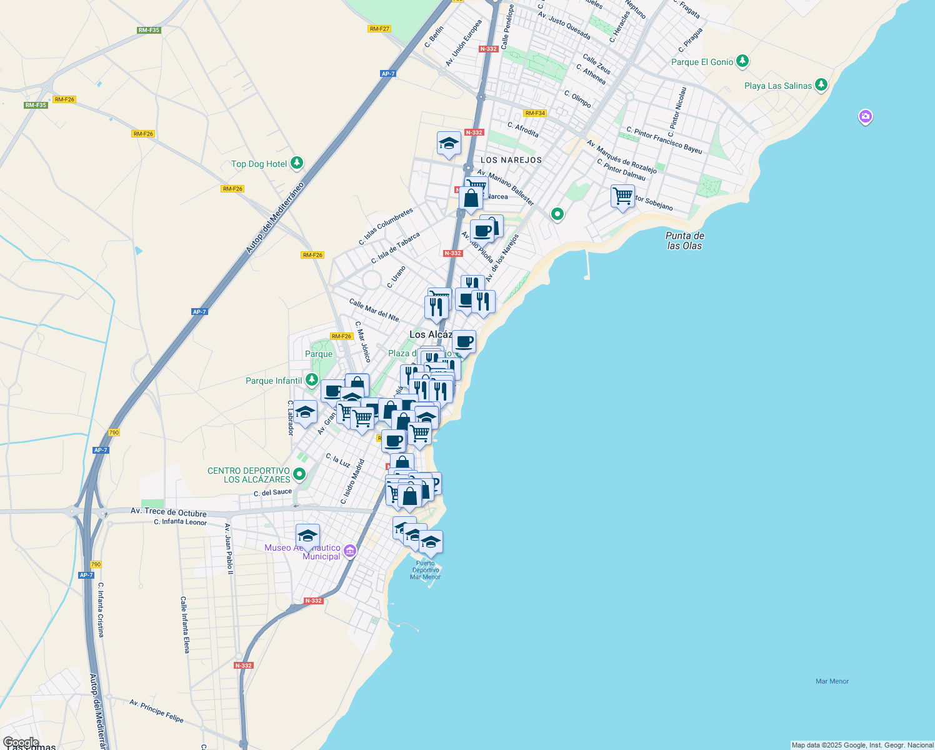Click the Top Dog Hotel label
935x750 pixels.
[x=259, y=164]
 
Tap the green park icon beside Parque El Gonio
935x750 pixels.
[x=742, y=61]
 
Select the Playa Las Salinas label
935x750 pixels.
[x=777, y=86]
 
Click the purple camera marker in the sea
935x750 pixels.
[x=865, y=116]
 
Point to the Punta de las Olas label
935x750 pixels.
[x=684, y=241]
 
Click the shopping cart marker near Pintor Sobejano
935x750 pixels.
[x=622, y=196]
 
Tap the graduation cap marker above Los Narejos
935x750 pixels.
[x=449, y=144]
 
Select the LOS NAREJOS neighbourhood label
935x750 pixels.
[x=511, y=160]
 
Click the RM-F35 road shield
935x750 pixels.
[x=149, y=30]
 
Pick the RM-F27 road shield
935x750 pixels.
[x=379, y=29]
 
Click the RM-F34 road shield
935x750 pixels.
[x=535, y=113]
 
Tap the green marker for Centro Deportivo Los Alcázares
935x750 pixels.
[x=299, y=474]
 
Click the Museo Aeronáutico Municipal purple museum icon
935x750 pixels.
[x=350, y=551]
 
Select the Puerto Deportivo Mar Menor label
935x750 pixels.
[x=425, y=570]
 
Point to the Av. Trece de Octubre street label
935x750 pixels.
[x=168, y=512]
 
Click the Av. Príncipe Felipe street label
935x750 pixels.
[x=156, y=711]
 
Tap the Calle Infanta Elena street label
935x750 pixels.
[x=184, y=624]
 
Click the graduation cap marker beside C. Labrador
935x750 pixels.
[x=305, y=412]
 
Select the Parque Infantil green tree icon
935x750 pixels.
[x=311, y=380]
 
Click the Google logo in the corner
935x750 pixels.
[x=21, y=742]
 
